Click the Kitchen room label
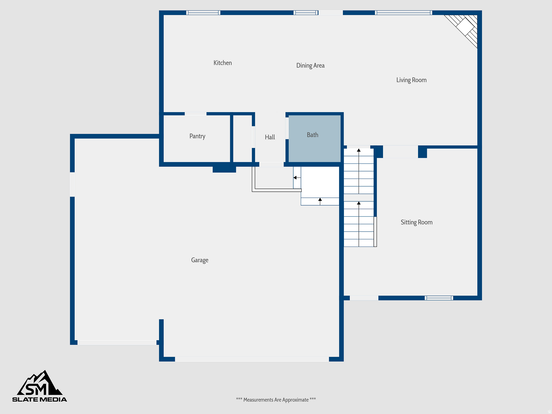[x=223, y=63]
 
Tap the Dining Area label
[x=310, y=65]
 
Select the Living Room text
[x=411, y=80]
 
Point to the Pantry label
[x=197, y=136]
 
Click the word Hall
[x=270, y=137]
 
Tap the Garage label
[x=200, y=260]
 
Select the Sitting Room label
[x=416, y=222]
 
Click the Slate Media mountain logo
[x=40, y=386]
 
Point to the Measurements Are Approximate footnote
[x=276, y=400]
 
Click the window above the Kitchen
[x=203, y=13]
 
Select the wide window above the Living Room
[x=403, y=13]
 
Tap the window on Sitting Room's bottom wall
[x=439, y=298]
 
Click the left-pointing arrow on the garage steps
[x=295, y=178]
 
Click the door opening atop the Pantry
[x=195, y=114]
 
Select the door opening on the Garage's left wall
[x=72, y=184]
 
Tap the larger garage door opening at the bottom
[x=252, y=359]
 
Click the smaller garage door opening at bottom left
[x=117, y=342]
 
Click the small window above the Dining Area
[x=305, y=13]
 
